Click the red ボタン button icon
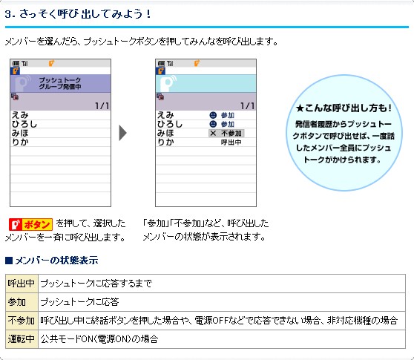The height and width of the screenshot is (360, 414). [x=30, y=224]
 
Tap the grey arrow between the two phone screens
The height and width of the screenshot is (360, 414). [x=123, y=133]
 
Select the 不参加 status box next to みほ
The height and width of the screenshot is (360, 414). [x=226, y=134]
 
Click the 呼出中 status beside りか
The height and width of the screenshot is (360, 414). [x=231, y=143]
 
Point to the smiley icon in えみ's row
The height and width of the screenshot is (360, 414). [x=213, y=115]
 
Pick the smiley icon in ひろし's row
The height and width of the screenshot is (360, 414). [x=213, y=124]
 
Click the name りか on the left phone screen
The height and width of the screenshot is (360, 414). [x=20, y=143]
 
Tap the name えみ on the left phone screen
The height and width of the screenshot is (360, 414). [x=20, y=115]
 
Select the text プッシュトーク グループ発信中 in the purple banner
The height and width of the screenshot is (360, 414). [x=60, y=83]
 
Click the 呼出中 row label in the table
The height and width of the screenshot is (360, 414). [x=21, y=284]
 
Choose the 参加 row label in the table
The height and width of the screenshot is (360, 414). [x=16, y=302]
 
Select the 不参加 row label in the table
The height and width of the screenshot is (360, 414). [x=21, y=321]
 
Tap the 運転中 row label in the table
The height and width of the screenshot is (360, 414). [x=21, y=339]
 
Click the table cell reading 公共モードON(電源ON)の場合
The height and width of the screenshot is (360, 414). [x=99, y=339]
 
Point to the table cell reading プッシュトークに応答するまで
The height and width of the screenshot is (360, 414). [x=96, y=284]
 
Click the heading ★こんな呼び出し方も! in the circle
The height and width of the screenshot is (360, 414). [x=344, y=108]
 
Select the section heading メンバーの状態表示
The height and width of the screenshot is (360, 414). [x=51, y=261]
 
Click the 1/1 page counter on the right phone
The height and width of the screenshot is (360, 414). [x=247, y=106]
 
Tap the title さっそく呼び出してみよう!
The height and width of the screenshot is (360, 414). [x=85, y=14]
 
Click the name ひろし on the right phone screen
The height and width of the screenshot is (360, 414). [x=170, y=124]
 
